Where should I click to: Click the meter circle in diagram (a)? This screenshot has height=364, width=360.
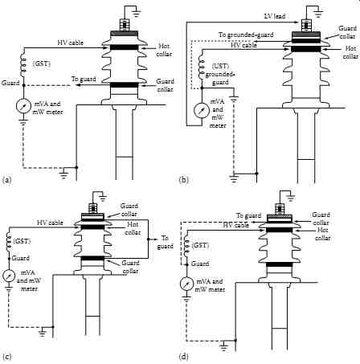coord(22,106)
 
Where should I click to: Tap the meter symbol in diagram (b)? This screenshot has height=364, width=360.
coord(202,111)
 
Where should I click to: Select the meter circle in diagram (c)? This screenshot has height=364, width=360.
coord(9,276)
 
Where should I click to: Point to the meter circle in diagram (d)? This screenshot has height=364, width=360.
coord(186,284)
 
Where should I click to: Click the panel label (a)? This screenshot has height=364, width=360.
coord(6,179)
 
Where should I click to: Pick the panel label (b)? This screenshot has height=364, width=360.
coord(183,179)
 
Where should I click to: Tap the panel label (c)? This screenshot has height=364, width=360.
coord(6,357)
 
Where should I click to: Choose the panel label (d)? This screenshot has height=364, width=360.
coord(183,357)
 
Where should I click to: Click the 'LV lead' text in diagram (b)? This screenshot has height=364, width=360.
coord(275,16)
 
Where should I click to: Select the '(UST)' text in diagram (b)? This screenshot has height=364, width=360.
coord(220,66)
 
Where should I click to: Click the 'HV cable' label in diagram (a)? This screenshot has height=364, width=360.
coord(71,43)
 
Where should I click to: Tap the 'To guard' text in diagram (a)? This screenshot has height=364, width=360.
coord(84,79)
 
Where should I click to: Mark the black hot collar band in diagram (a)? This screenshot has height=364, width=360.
coord(125,47)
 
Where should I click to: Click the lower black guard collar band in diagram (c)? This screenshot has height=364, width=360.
coord(92,258)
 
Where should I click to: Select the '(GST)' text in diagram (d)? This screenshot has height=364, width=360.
coord(200,245)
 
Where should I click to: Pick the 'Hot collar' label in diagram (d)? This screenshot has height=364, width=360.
coord(322,234)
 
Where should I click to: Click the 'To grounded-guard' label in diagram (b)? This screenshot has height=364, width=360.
coord(246,35)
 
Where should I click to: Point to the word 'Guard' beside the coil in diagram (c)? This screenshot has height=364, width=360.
coord(21,258)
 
